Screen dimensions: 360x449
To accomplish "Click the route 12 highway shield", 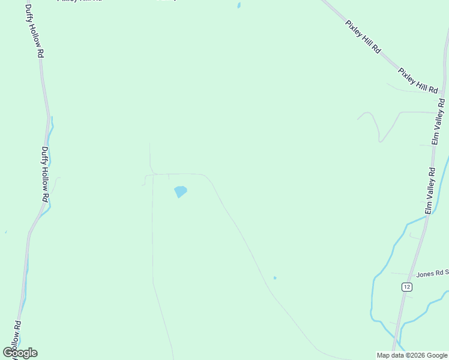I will (407, 287).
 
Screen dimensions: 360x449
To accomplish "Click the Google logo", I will (20, 353).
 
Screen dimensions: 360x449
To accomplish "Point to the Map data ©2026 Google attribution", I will (412, 355).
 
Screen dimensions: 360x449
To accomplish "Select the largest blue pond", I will (180, 192).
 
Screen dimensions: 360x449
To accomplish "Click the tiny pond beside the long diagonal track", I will (275, 278).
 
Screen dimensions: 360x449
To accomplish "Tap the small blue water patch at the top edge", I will (239, 5).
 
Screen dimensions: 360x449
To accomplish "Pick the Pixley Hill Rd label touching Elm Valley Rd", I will (418, 80).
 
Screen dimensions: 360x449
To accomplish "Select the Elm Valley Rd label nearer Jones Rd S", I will (430, 190).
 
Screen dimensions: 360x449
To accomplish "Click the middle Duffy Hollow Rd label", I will (45, 174).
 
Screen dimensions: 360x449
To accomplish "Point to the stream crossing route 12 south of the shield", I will (398, 328).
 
